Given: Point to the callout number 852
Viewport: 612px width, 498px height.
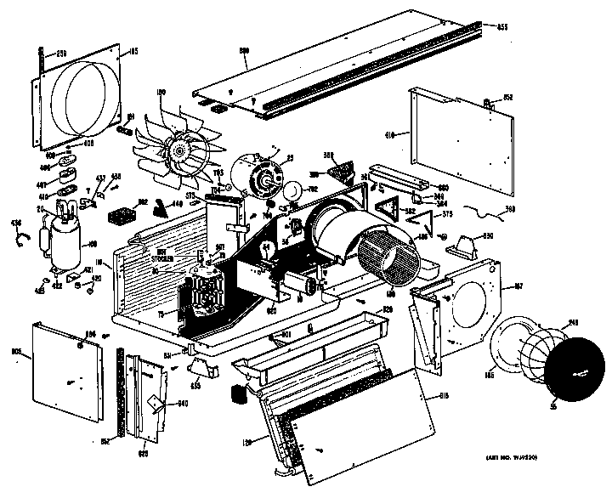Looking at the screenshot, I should (507, 99).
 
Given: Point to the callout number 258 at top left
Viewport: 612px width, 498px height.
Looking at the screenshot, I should (61, 53).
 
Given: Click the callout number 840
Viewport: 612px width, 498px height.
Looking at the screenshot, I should (181, 404).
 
